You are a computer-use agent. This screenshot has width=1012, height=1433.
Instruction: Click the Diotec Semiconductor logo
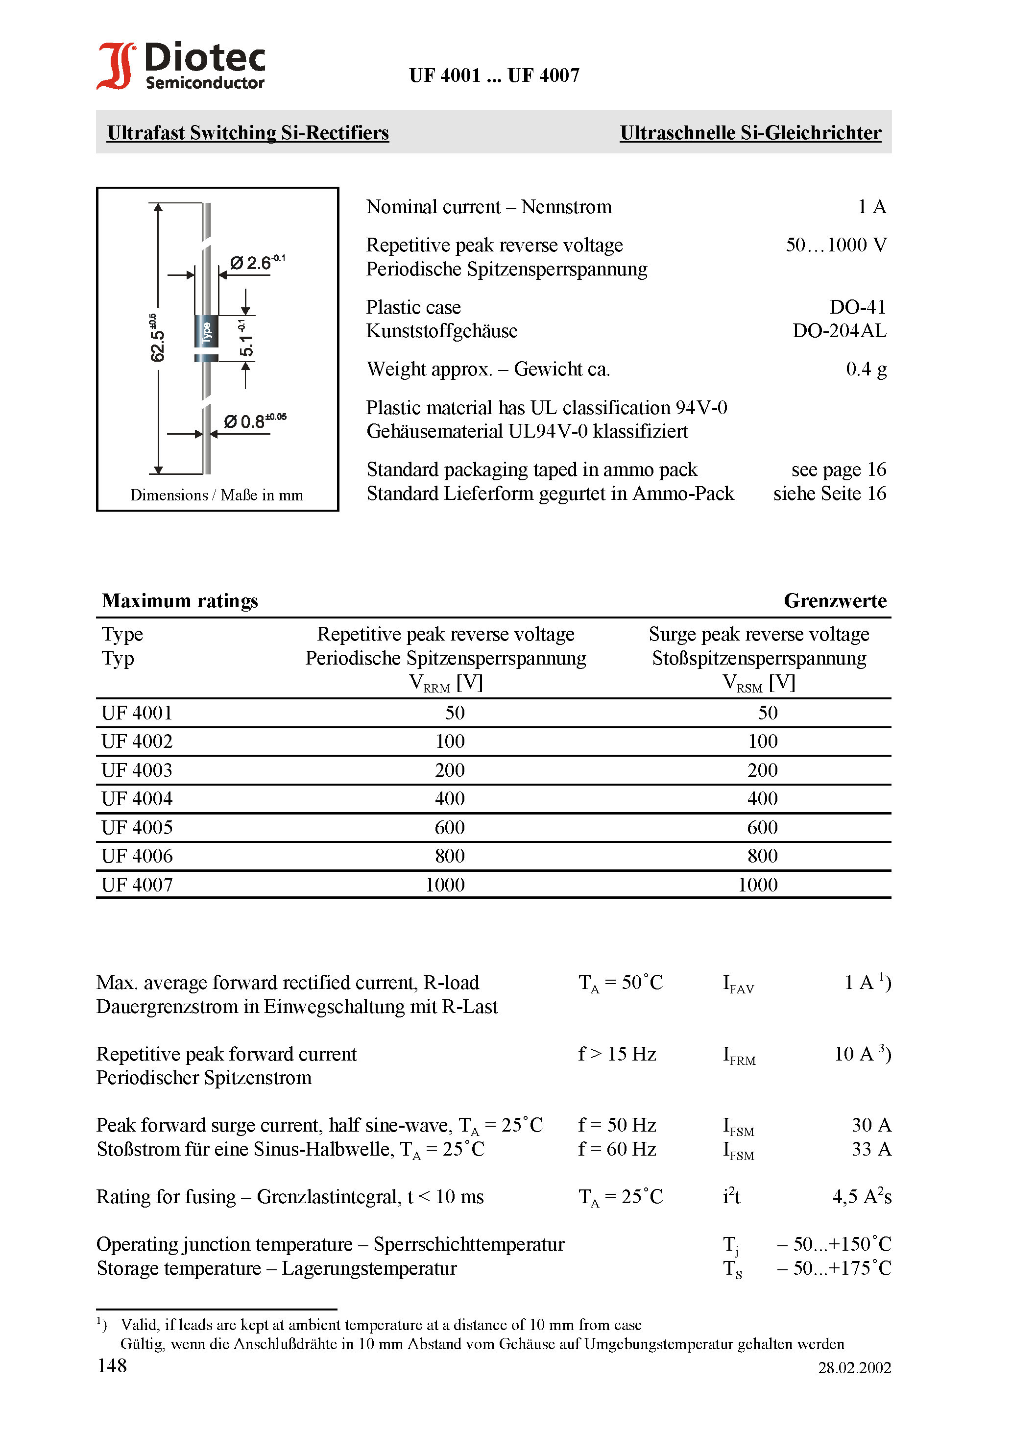pos(181,66)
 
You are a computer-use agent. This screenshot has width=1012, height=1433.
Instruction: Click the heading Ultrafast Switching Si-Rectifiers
pos(248,133)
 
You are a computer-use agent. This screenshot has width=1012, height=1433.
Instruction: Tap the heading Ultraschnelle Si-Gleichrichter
pos(750,133)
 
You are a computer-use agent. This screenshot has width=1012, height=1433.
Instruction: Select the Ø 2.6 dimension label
pos(256,262)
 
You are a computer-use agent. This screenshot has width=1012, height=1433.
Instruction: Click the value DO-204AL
pos(839,331)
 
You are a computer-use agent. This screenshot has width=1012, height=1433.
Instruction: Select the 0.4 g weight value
pos(866,369)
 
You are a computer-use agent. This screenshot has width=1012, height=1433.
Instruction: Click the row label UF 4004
pos(137,799)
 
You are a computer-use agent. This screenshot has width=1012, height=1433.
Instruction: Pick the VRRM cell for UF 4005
pos(449,828)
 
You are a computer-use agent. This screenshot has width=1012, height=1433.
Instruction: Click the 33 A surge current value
pos(871,1149)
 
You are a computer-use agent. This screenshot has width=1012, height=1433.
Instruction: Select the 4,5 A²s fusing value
pos(862,1196)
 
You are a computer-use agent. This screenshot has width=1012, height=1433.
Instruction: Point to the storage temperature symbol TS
pos(732,1269)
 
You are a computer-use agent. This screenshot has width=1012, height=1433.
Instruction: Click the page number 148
pos(112,1365)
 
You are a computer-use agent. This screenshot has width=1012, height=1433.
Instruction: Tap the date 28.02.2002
pos(854,1367)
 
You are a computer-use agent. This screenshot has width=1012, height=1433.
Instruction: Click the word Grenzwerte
pos(835,600)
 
